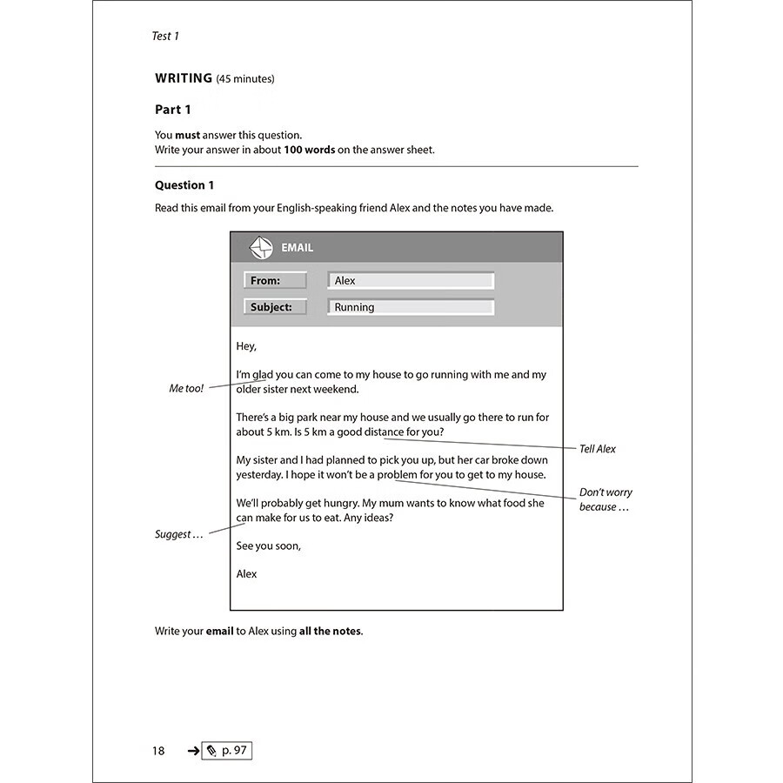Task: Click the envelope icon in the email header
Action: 261,248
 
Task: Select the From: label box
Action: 275,281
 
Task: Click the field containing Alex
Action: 411,281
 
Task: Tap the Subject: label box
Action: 275,307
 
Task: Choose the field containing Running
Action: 411,307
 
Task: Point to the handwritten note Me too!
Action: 186,389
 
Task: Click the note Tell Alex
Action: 598,449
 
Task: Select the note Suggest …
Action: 178,534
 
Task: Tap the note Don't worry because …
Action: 606,499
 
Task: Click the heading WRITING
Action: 184,78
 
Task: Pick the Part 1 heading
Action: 173,110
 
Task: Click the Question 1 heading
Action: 184,185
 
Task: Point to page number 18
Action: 158,751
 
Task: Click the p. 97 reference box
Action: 226,751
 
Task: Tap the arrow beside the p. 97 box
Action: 193,751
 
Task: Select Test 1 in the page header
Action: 165,36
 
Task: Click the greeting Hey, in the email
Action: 246,346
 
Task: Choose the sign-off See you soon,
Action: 269,545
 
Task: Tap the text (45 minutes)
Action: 245,79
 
